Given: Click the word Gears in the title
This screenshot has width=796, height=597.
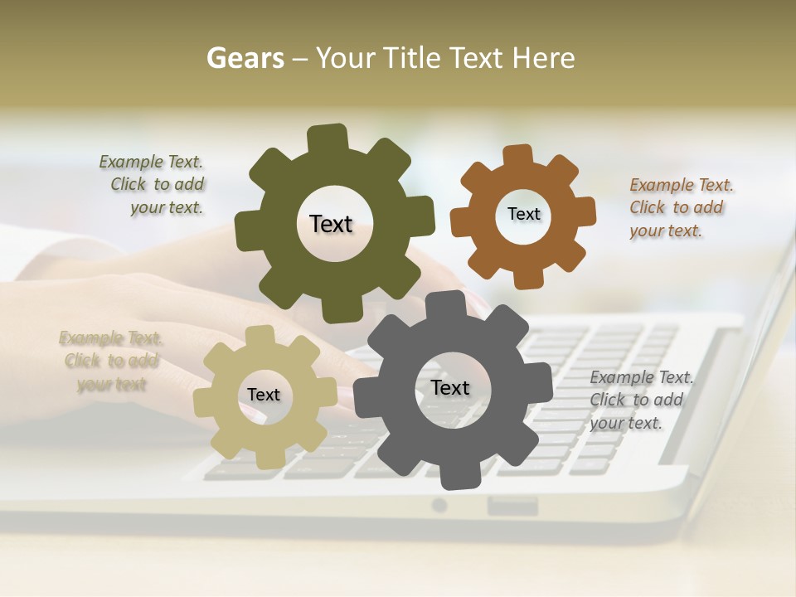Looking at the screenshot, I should pos(244,58).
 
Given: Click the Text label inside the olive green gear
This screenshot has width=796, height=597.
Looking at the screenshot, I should pos(331,224).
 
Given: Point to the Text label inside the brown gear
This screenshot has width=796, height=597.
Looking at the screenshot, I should pos(523,214).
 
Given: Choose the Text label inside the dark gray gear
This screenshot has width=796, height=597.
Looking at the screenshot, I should pos(450,388).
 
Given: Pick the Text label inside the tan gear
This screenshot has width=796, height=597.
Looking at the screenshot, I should pos(264,396).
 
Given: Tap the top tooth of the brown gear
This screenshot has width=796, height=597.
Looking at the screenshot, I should pos(518,157).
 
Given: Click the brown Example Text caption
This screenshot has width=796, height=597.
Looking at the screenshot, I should pos(681,207).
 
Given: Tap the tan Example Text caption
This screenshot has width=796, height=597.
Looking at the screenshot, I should pos(110,362).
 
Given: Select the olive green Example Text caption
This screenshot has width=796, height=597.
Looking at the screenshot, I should pos(152,185).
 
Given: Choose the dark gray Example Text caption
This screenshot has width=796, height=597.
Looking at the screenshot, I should pos(641,400).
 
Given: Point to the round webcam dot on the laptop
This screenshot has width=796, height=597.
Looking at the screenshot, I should pos(439,505).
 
